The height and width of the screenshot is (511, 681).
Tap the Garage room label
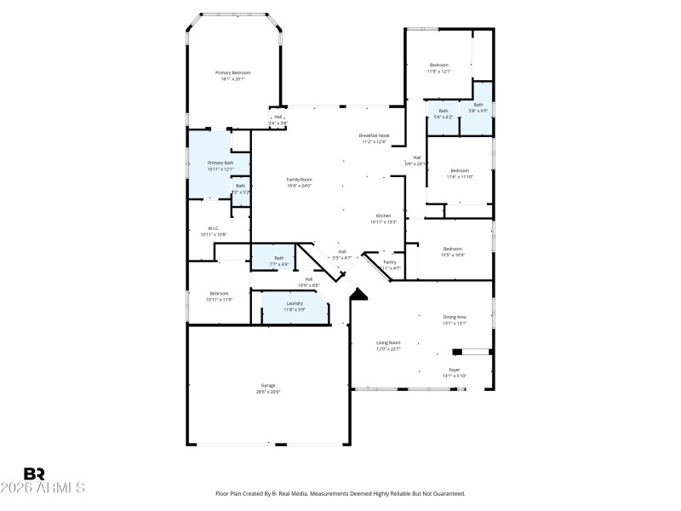coord(268,386)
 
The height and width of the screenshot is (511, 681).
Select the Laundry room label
coord(295,303)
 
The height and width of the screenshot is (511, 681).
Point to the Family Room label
coord(299,180)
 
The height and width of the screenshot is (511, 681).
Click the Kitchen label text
coord(383,215)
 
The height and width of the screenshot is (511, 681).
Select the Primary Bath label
coord(220,163)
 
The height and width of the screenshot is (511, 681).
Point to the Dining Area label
coord(455,317)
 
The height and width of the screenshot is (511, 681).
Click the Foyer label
coord(455,370)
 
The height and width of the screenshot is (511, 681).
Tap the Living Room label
coord(388,342)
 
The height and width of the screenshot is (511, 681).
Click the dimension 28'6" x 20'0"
coord(268,392)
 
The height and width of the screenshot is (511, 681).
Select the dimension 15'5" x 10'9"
coord(452,255)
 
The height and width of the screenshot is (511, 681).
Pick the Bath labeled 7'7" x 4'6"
coord(279,261)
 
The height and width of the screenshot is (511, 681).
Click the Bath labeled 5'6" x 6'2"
coord(443,113)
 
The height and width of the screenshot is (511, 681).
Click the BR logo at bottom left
coord(34,474)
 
